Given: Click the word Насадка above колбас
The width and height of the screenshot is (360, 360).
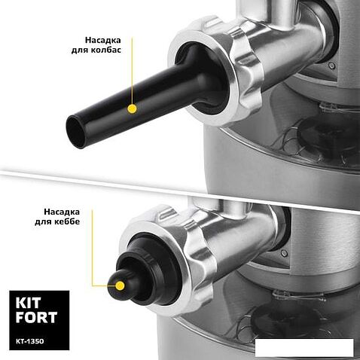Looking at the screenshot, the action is [x=102, y=40].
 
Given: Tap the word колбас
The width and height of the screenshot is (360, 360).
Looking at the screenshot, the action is [x=106, y=50].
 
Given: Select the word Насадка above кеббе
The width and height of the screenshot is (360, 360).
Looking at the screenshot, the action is [x=62, y=212].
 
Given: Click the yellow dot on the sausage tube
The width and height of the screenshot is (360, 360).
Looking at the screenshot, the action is [x=132, y=108].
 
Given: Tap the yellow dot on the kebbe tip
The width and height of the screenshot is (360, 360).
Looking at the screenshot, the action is [x=121, y=285].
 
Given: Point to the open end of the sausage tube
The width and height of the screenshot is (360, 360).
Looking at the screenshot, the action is [x=76, y=132].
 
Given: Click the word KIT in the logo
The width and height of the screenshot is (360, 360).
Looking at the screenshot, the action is [x=28, y=303].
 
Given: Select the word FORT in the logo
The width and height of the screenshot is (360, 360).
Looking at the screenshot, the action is [x=36, y=317].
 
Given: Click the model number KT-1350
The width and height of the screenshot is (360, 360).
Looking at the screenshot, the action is [x=29, y=341].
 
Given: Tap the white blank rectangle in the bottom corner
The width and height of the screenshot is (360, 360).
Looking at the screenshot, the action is [x=304, y=346].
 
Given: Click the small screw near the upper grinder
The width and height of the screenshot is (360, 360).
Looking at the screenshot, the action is [x=332, y=66].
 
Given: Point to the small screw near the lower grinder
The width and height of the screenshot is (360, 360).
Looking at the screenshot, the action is [x=284, y=253].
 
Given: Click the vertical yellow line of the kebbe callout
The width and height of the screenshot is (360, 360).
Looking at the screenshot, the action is [x=92, y=248].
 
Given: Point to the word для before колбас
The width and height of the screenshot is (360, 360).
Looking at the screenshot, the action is [x=80, y=50].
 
